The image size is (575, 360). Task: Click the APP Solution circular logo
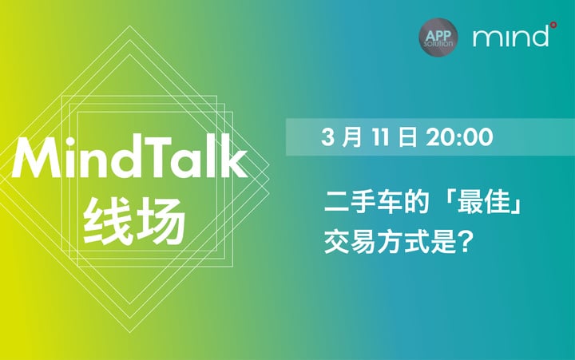438,38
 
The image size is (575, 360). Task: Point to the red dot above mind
553,25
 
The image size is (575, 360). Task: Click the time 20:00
459,137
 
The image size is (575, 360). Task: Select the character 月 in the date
351,137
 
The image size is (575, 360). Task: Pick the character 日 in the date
407,137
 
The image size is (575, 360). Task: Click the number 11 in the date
380,137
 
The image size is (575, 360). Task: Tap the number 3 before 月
328,137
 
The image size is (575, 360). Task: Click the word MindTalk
129,157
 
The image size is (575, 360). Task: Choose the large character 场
159,221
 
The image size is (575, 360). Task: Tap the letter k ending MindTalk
233,157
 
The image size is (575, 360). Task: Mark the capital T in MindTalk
157,158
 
